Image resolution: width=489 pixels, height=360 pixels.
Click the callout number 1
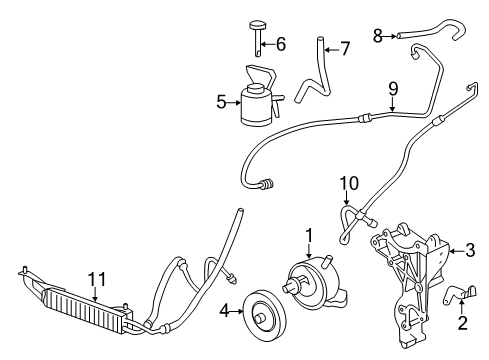tap(310, 236)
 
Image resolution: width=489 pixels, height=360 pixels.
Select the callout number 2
tap(462, 322)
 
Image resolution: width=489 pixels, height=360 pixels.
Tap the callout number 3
tap(468, 251)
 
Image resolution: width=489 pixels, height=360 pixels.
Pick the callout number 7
tap(345, 47)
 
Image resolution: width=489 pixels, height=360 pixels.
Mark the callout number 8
tap(377, 36)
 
